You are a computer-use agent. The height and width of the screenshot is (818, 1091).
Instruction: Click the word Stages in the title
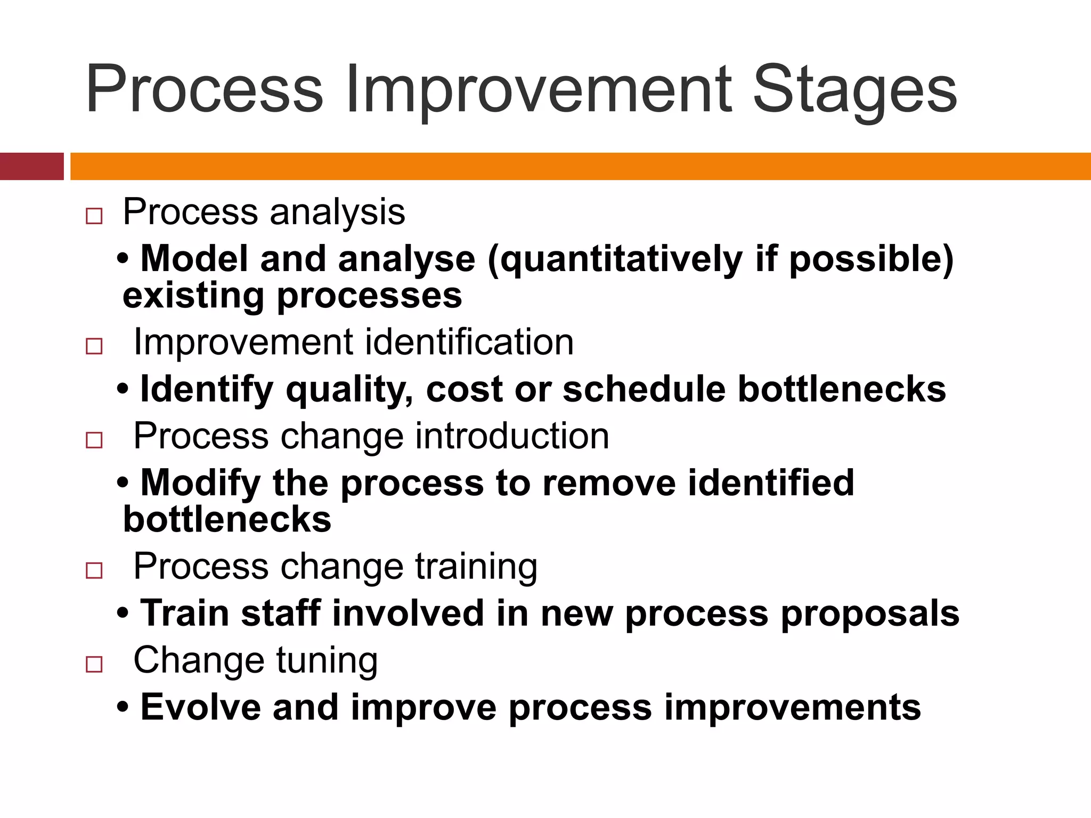point(854,91)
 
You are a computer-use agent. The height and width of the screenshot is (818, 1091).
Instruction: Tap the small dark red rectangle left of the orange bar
point(31,166)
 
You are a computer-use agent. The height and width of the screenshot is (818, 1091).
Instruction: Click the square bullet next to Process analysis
point(94,216)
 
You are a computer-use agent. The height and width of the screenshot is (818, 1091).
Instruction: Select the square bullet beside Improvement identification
point(94,347)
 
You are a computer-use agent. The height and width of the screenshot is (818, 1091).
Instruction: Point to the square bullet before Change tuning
point(94,664)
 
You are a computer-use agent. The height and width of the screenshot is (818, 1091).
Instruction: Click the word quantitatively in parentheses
point(619,259)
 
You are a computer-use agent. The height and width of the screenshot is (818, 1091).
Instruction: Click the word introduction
point(511,436)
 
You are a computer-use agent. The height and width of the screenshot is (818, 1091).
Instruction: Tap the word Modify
point(200,484)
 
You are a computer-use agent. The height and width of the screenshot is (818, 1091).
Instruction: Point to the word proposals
point(870,614)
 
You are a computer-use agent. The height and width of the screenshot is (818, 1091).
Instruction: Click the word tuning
point(327,661)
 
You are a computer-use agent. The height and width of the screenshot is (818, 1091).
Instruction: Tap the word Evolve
point(200,707)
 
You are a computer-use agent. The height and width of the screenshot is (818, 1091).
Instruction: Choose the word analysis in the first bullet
point(337,212)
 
